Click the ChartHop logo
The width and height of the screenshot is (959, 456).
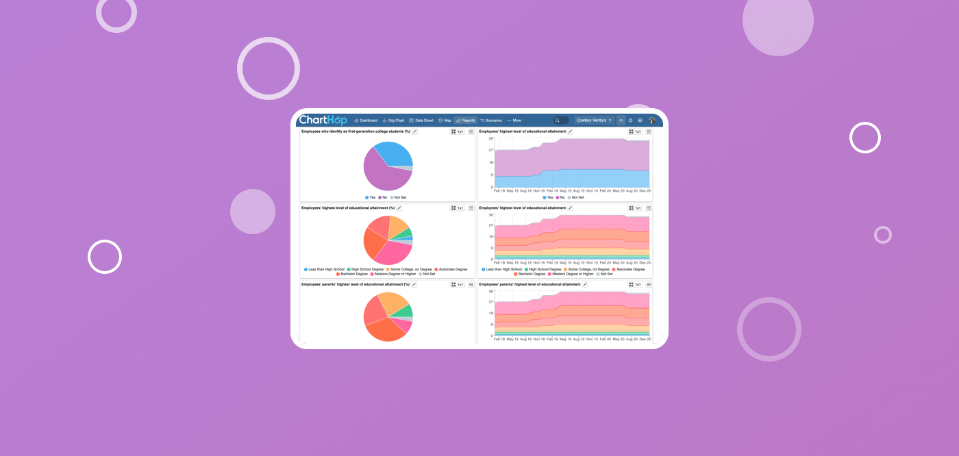click(323, 120)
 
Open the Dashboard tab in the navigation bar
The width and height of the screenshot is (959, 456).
click(366, 121)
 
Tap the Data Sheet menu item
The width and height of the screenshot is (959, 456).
click(421, 121)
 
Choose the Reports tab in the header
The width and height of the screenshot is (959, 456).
click(465, 121)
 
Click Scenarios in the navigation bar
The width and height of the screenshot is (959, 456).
click(490, 121)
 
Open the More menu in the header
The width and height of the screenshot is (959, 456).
click(514, 121)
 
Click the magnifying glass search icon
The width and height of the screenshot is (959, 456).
click(558, 121)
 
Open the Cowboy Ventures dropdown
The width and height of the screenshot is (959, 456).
click(593, 121)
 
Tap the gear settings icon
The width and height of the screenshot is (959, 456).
click(631, 121)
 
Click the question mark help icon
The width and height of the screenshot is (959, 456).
click(640, 121)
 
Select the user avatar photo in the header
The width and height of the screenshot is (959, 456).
click(652, 121)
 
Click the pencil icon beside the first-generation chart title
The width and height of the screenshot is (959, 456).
click(415, 131)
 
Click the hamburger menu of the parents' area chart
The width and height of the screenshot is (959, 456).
click(649, 284)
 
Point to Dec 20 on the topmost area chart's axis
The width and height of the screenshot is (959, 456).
click(645, 191)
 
